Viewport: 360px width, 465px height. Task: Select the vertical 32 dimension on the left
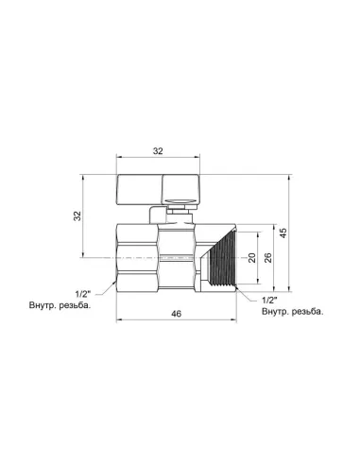point(78,216)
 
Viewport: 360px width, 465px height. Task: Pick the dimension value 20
point(251,258)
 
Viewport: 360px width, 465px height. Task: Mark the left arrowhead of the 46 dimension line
point(120,317)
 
